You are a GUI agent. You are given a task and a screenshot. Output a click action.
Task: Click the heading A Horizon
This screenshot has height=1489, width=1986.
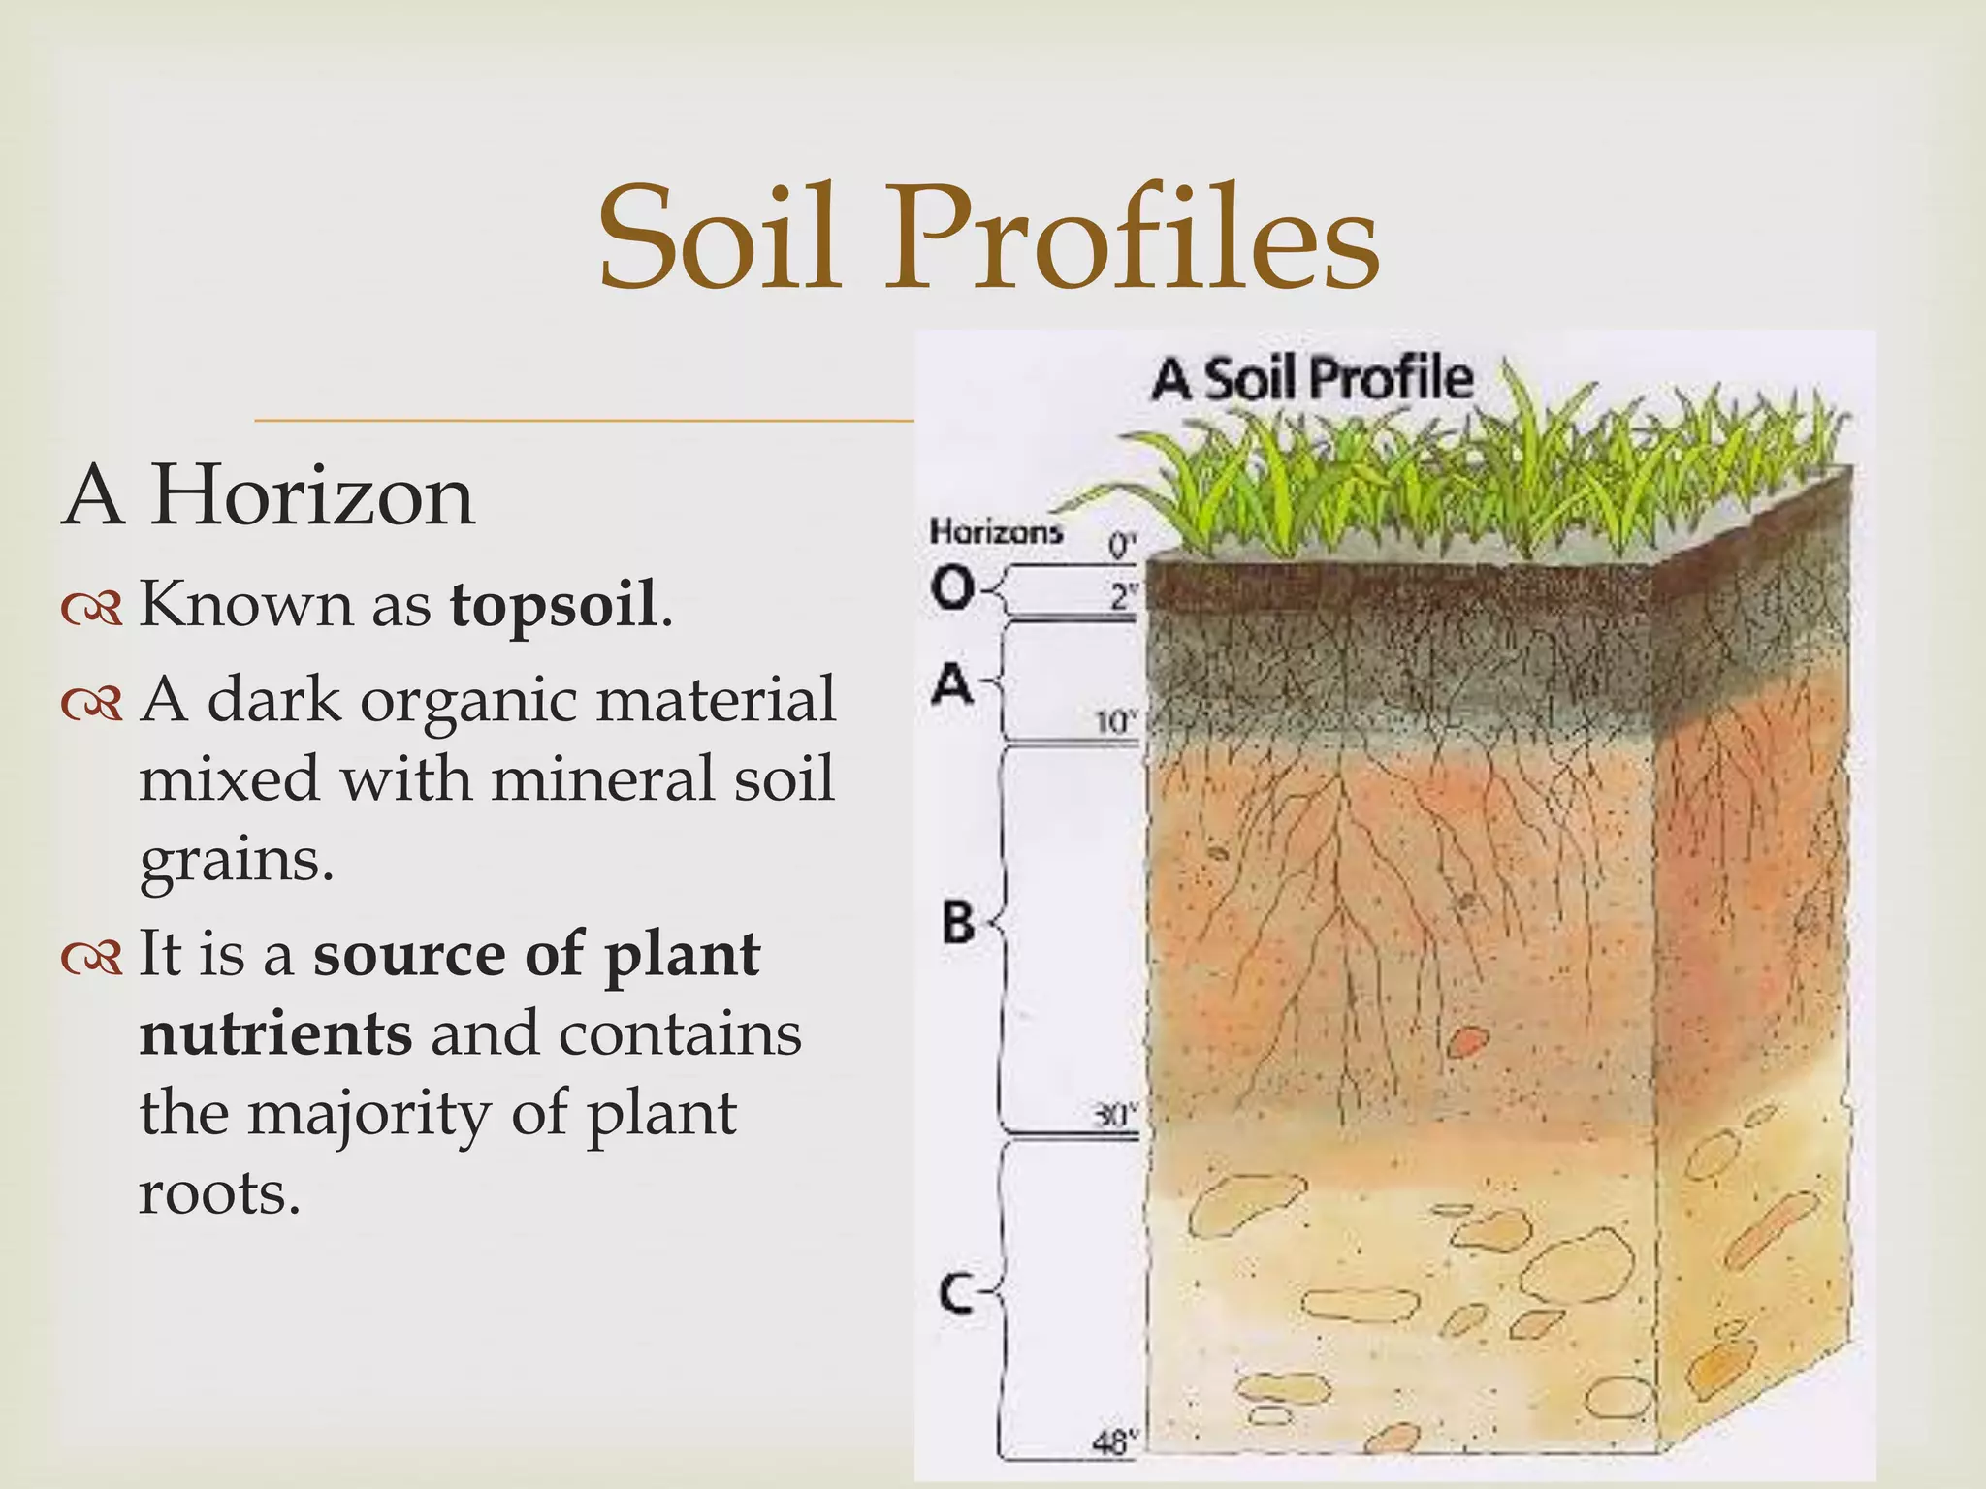pyautogui.click(x=269, y=495)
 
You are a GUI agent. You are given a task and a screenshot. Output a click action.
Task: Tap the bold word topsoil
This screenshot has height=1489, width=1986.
pyautogui.click(x=553, y=604)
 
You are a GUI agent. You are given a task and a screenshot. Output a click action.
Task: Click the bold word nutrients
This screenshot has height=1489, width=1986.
pyautogui.click(x=276, y=1033)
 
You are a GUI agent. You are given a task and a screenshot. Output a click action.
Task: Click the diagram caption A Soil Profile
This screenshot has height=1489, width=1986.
pyautogui.click(x=1312, y=378)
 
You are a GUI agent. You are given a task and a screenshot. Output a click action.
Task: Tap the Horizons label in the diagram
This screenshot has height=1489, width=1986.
pyautogui.click(x=996, y=531)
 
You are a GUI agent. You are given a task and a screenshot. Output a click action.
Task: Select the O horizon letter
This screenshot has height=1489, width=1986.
pyautogui.click(x=952, y=586)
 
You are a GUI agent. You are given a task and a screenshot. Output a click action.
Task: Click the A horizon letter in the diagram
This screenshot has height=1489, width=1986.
pyautogui.click(x=952, y=684)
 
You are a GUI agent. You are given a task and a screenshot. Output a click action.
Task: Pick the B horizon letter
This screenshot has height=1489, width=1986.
pyautogui.click(x=958, y=921)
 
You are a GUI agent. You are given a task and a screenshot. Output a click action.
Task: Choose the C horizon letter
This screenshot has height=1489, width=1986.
pyautogui.click(x=956, y=1292)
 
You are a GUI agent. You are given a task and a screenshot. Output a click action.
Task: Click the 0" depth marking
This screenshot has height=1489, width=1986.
pyautogui.click(x=1121, y=546)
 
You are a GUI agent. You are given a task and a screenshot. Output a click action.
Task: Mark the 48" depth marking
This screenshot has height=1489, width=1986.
pyautogui.click(x=1114, y=1443)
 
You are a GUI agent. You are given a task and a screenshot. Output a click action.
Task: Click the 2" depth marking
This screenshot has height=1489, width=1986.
pyautogui.click(x=1122, y=597)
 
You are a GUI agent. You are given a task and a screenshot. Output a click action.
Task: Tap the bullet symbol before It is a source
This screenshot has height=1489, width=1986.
pyautogui.click(x=92, y=958)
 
